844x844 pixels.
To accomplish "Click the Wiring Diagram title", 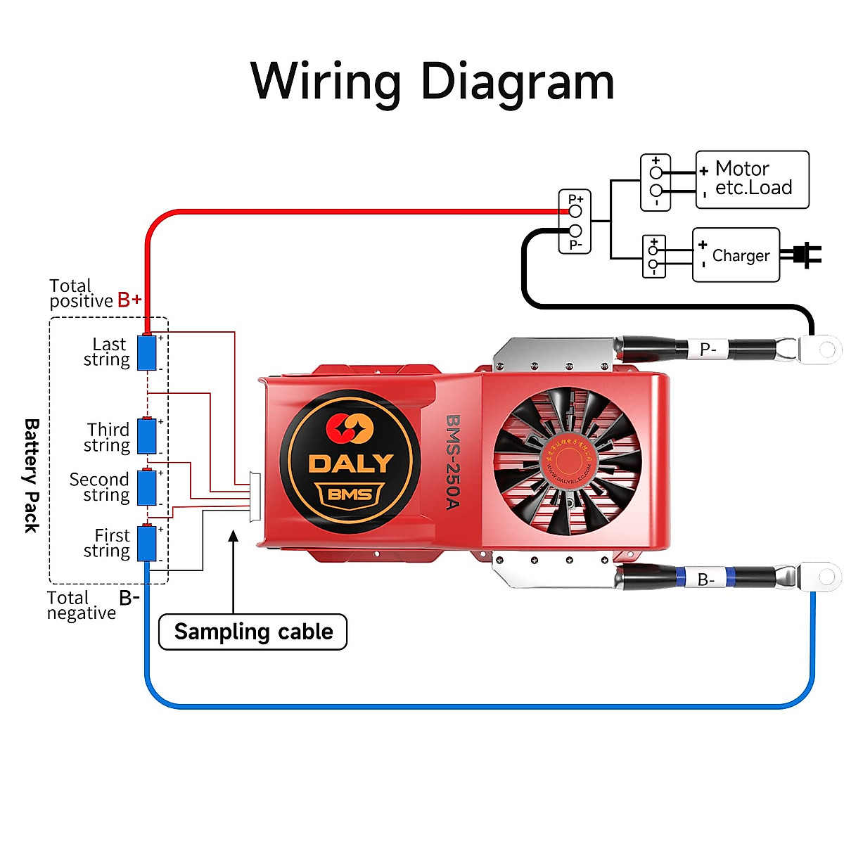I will (x=432, y=82).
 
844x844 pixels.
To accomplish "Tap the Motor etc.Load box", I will (x=752, y=179).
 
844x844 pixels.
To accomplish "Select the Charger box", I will (x=736, y=255).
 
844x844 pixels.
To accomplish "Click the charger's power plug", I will (x=806, y=255).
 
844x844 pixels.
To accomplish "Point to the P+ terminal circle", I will (x=575, y=211).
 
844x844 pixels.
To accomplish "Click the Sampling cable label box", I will (x=253, y=632).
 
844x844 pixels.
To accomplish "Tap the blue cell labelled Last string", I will (x=146, y=352).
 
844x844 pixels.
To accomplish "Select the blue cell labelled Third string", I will (x=146, y=436).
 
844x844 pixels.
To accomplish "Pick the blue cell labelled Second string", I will (x=146, y=487).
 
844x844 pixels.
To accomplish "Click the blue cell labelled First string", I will (x=146, y=543).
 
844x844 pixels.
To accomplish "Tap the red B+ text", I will (x=129, y=300).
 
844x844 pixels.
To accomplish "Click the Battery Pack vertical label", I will (x=32, y=475).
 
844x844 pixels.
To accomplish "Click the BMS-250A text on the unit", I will (x=452, y=461).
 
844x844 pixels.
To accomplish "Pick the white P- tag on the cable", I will (x=708, y=349).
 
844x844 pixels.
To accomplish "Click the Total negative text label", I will (x=82, y=606).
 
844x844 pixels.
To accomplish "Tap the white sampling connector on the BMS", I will (x=255, y=497).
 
